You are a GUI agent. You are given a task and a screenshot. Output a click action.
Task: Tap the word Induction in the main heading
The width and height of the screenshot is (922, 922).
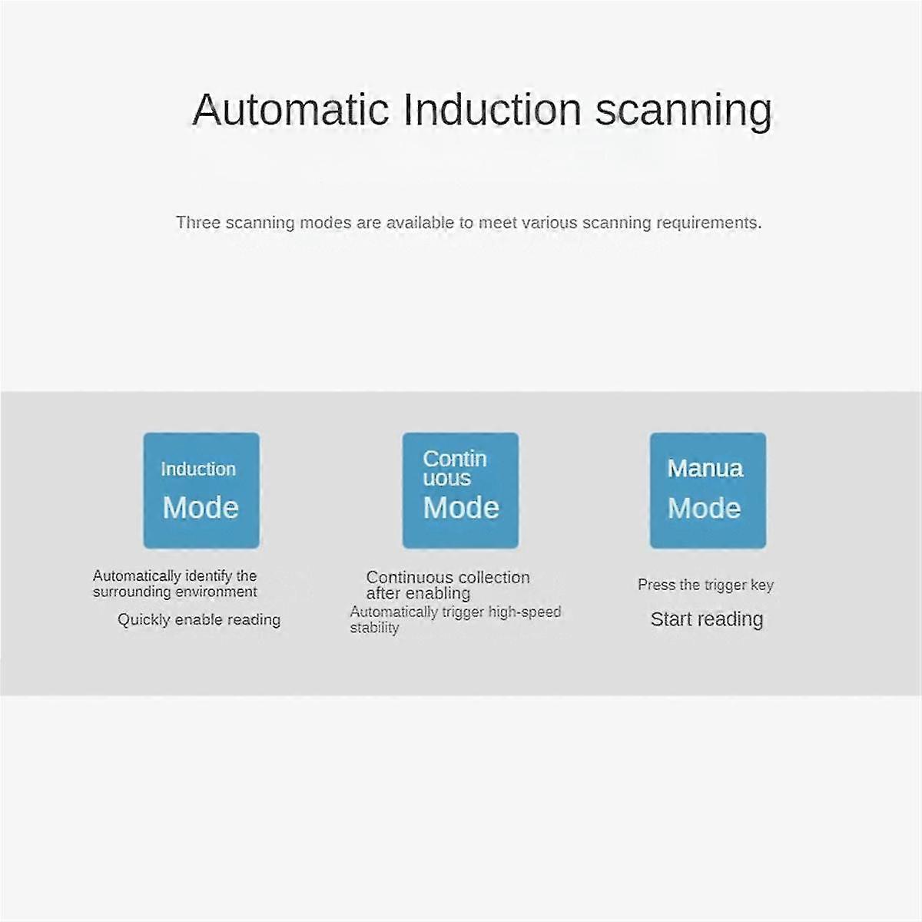click(492, 110)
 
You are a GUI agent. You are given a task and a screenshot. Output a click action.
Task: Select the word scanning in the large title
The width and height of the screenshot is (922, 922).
click(683, 111)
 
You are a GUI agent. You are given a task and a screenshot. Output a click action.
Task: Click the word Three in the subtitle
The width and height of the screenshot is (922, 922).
click(197, 223)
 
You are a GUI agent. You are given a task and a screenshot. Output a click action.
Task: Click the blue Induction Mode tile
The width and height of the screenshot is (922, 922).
click(201, 490)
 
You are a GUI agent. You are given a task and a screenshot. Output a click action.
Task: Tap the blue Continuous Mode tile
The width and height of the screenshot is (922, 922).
click(460, 490)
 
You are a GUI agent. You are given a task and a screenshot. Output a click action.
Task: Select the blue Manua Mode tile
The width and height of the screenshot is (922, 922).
click(708, 490)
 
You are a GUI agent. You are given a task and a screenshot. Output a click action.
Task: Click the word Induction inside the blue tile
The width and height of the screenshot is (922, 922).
click(198, 469)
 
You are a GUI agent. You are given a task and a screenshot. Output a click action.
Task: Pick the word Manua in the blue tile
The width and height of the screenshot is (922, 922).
click(705, 469)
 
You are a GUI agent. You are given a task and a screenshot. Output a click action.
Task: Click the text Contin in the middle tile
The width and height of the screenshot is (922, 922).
click(454, 459)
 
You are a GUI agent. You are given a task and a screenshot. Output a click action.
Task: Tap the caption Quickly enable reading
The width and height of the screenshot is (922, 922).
click(199, 619)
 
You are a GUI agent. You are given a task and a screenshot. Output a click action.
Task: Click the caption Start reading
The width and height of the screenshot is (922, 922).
click(707, 619)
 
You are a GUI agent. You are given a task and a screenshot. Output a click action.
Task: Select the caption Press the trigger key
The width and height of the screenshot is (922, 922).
click(705, 585)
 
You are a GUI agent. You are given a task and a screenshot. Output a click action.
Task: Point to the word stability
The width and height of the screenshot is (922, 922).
click(374, 628)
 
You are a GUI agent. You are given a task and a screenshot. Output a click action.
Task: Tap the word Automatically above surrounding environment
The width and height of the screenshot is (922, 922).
click(137, 575)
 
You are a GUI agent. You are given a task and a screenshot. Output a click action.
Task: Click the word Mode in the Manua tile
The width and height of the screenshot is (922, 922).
click(704, 508)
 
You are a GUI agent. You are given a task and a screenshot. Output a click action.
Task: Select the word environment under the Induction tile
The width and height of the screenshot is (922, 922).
click(217, 592)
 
